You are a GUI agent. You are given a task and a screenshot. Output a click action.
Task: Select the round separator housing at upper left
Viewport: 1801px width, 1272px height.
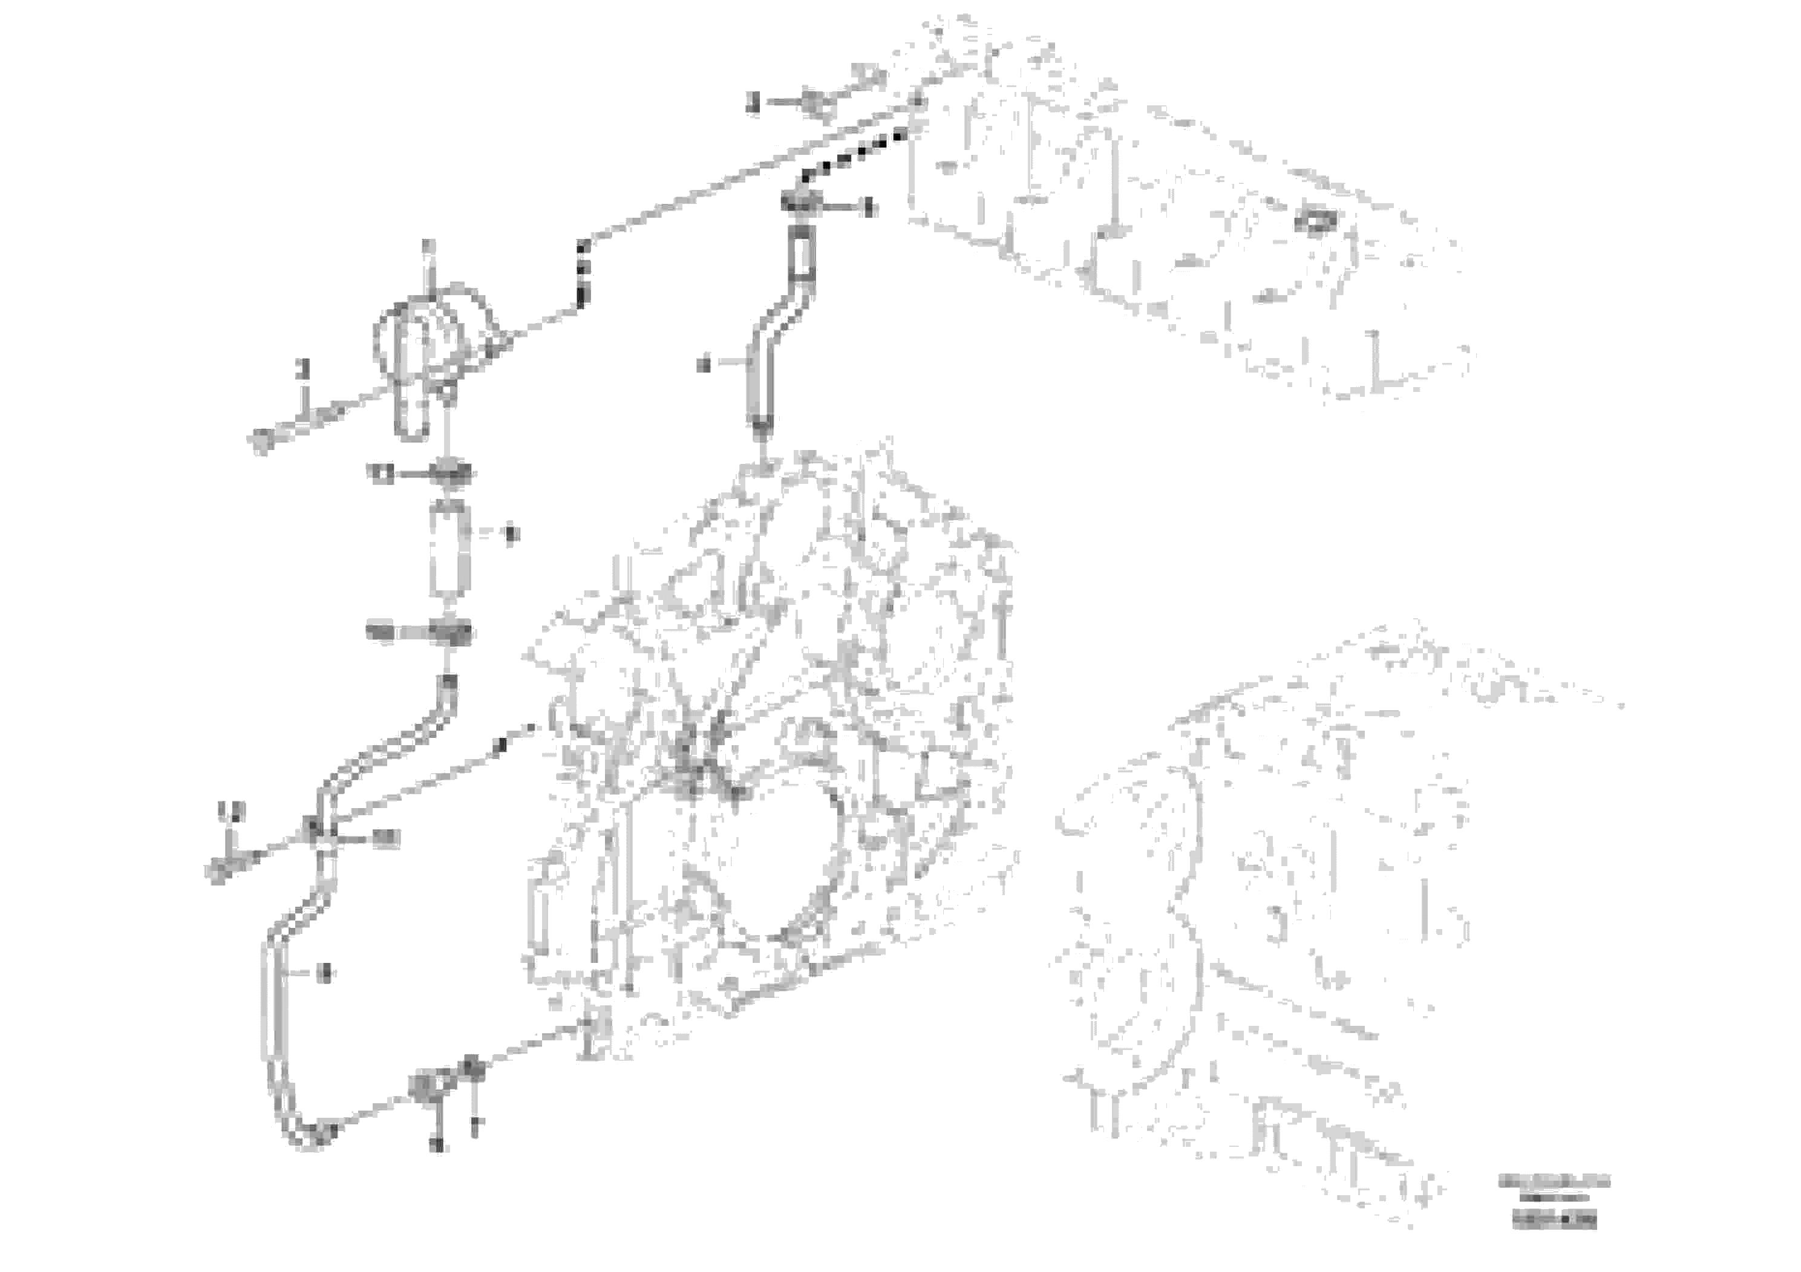(428, 341)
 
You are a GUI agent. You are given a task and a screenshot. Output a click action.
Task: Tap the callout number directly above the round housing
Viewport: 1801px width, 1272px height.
(428, 246)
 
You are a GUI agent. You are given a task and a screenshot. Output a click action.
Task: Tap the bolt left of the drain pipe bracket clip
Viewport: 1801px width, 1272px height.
(219, 870)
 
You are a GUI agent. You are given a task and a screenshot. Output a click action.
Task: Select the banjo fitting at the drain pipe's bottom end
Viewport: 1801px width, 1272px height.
(423, 1089)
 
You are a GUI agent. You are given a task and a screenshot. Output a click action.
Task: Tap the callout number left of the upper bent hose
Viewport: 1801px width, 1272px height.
(704, 364)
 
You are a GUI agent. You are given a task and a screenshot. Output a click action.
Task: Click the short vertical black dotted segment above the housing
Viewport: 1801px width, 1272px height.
(581, 275)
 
